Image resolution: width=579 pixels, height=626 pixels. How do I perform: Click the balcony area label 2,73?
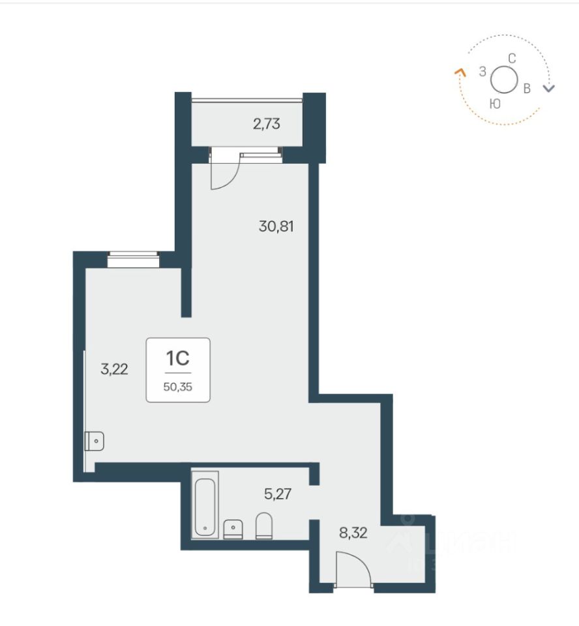point(266,124)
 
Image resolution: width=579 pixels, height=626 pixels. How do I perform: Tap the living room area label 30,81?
point(276,226)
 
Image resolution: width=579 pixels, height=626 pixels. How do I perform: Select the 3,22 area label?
point(114,369)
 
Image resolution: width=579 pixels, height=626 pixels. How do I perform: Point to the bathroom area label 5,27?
point(278,494)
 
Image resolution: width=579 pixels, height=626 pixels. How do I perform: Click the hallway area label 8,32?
point(353,533)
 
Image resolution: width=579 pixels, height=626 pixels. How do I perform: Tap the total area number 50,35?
point(178,387)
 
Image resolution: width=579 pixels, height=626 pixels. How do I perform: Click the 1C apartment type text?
point(178,358)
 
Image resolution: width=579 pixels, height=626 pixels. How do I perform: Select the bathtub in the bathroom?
point(205,505)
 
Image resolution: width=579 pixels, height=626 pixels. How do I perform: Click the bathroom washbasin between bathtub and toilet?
point(233,529)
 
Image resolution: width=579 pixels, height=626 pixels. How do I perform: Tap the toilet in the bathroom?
point(263,526)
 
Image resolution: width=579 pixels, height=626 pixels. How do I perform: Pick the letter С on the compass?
point(512,59)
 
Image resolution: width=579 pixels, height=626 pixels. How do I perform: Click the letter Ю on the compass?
point(495,104)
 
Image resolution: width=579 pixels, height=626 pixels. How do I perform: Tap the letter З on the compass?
point(482,72)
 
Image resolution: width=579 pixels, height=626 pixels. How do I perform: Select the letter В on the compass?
point(527,88)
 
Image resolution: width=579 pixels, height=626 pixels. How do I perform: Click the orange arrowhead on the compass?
point(460,72)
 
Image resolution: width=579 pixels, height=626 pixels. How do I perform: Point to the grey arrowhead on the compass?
point(550,89)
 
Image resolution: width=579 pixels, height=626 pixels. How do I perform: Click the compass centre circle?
point(504,80)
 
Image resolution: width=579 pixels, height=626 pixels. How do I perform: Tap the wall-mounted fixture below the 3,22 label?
point(95,441)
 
